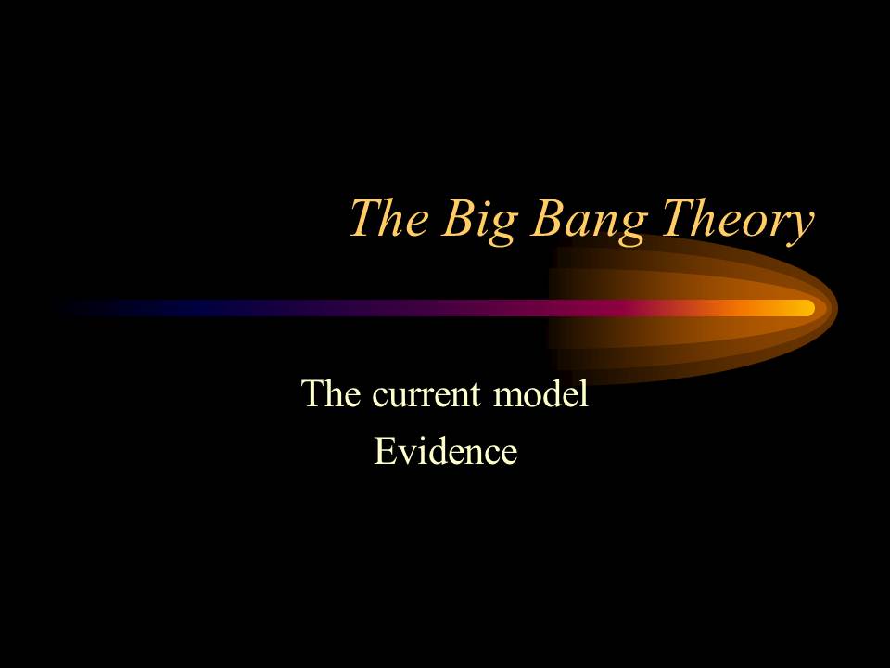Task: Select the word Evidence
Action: click(445, 452)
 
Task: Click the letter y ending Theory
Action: click(799, 226)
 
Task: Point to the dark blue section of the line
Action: click(185, 308)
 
